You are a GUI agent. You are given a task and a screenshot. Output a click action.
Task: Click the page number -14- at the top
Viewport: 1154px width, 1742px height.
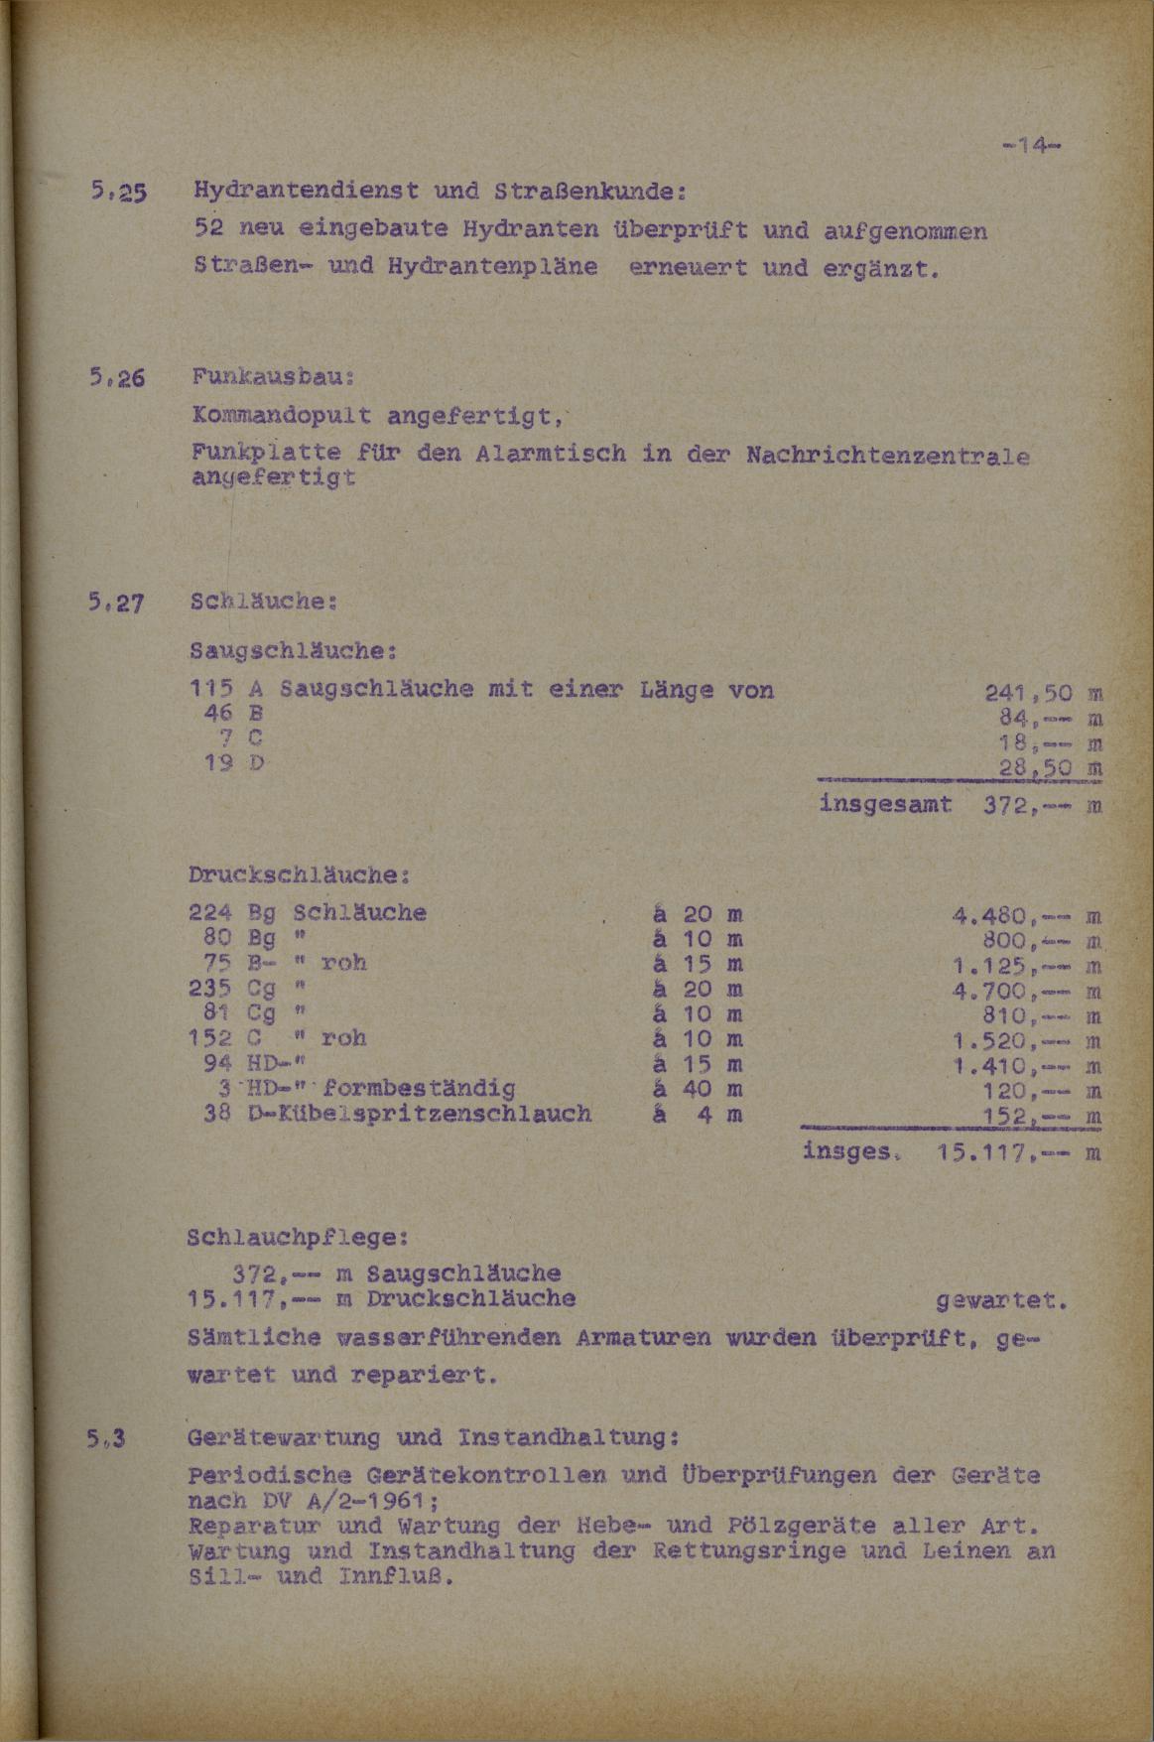pos(1032,146)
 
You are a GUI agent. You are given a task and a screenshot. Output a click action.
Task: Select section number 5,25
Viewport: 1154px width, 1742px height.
pos(117,192)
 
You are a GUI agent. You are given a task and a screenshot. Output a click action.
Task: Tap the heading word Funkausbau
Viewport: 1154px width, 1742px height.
pos(272,378)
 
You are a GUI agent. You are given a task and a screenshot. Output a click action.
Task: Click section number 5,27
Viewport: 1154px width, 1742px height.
pos(117,602)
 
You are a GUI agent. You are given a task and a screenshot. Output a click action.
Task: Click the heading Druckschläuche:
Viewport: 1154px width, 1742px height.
pos(299,875)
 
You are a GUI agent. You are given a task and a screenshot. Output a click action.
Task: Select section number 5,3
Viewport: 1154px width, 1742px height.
pos(110,1437)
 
